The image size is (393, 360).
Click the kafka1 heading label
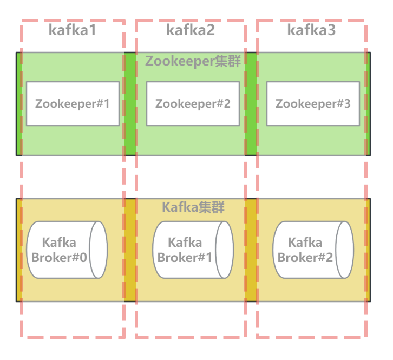click(x=72, y=30)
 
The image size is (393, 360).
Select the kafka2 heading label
click(x=191, y=30)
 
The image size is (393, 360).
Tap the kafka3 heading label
click(x=311, y=30)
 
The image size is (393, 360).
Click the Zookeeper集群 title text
click(x=193, y=61)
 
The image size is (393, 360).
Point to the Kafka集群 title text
click(x=193, y=207)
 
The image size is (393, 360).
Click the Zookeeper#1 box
click(x=73, y=103)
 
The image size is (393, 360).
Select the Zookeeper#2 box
click(x=193, y=103)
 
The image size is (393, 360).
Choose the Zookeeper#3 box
click(x=313, y=103)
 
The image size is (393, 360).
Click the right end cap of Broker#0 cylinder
click(x=99, y=250)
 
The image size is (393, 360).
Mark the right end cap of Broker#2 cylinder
click(x=345, y=250)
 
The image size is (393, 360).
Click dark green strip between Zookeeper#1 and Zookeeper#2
click(x=130, y=103)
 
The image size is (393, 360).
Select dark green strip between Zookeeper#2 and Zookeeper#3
click(x=251, y=103)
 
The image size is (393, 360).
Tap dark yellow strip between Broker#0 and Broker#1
click(x=130, y=250)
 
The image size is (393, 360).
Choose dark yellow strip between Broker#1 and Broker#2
click(x=251, y=250)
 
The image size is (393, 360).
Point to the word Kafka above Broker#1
click(x=185, y=243)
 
